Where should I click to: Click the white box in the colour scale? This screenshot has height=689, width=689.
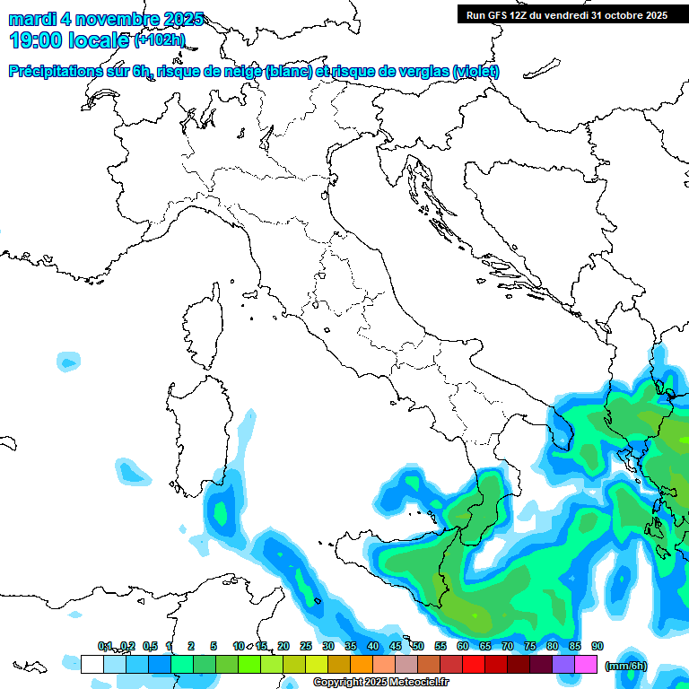click(x=92, y=665)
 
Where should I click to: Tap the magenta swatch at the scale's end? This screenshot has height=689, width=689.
click(x=586, y=665)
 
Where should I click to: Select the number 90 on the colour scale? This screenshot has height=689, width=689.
click(x=597, y=647)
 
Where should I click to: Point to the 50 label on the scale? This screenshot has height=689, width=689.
click(x=418, y=647)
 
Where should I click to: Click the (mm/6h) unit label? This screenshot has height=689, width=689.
click(x=625, y=666)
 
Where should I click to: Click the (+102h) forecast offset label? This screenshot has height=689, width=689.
click(x=159, y=40)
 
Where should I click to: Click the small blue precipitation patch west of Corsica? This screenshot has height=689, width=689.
click(x=68, y=362)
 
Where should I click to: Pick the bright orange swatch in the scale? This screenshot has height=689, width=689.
click(x=362, y=665)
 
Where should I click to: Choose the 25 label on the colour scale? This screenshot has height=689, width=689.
click(x=306, y=647)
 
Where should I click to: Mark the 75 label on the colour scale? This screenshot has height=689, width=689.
click(x=530, y=647)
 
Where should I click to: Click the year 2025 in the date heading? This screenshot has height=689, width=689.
click(x=184, y=19)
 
